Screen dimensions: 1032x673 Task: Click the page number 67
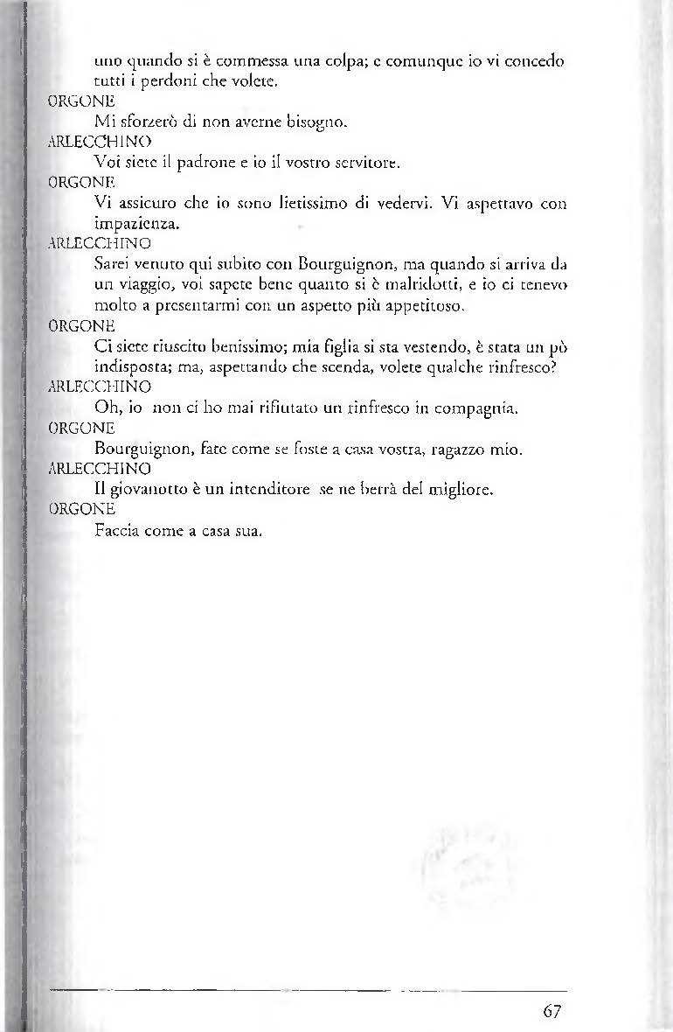(x=551, y=1011)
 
